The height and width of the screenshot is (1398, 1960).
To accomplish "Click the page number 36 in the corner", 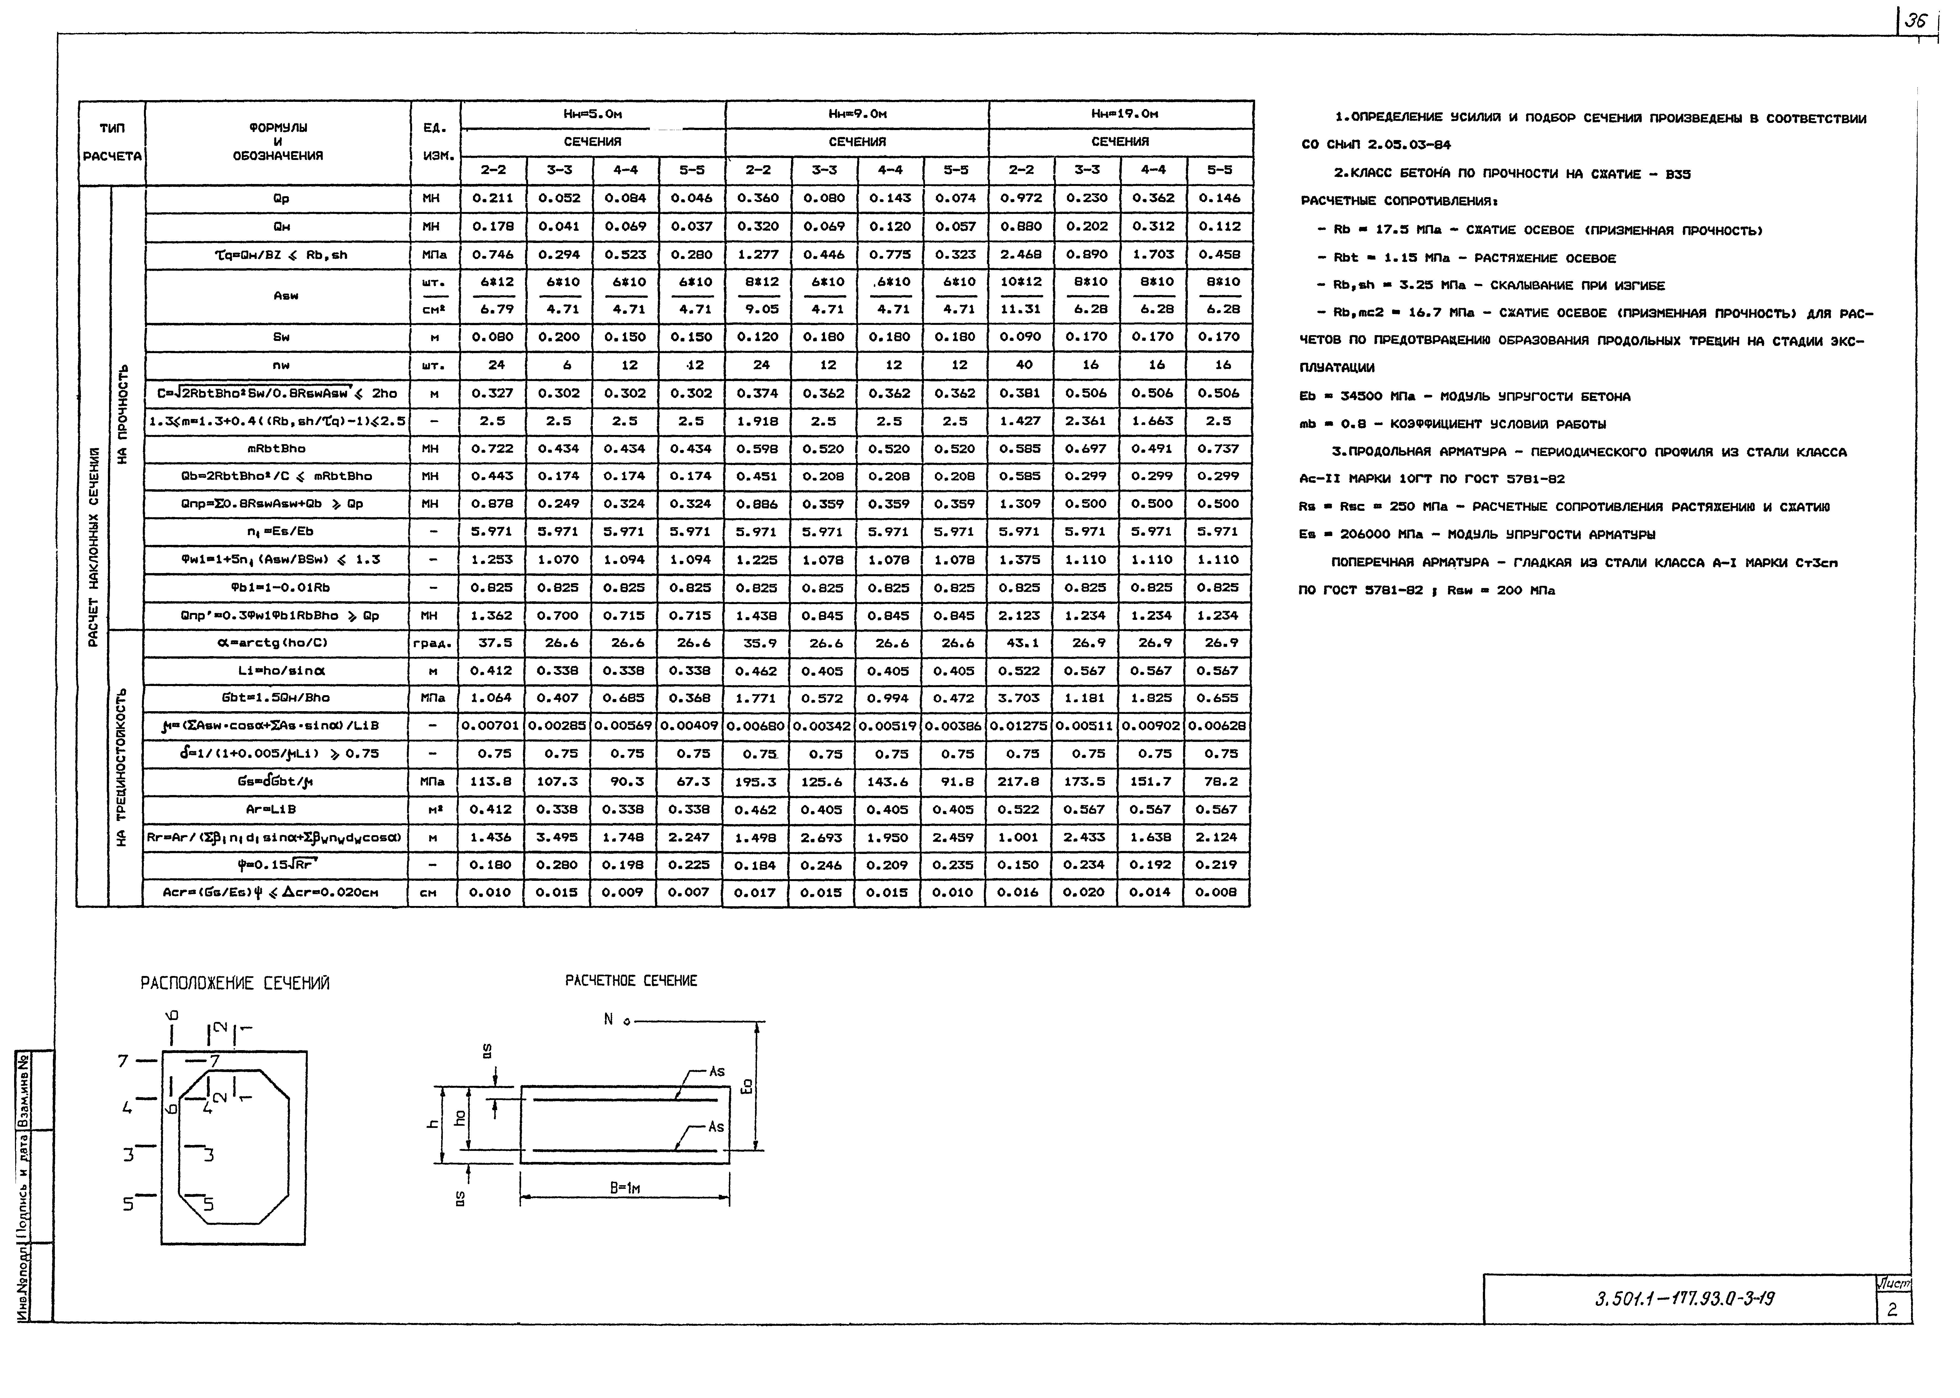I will [1915, 22].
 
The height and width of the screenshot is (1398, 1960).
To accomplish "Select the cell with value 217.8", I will [1019, 782].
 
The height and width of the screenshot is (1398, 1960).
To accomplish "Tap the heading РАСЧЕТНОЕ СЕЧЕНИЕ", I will [631, 980].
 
